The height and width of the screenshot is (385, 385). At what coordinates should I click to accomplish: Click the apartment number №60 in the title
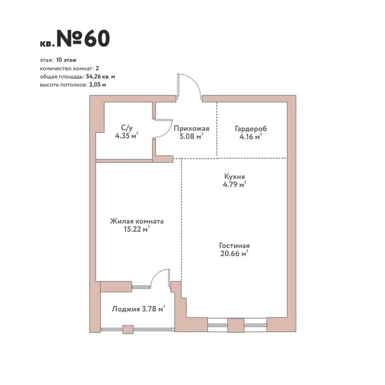(x=83, y=39)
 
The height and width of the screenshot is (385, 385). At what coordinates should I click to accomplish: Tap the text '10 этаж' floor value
(x=66, y=61)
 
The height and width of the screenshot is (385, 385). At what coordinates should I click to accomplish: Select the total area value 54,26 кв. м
(x=101, y=76)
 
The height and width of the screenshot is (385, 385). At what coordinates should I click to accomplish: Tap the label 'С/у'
(x=126, y=128)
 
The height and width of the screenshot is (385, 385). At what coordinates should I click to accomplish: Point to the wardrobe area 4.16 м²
(x=250, y=137)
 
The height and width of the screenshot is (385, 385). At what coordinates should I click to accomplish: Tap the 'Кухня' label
(x=235, y=176)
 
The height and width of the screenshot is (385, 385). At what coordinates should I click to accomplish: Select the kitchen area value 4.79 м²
(x=235, y=183)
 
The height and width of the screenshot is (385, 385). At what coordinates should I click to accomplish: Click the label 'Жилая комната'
(x=137, y=221)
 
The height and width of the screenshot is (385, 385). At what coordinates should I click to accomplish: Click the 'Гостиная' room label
(x=234, y=245)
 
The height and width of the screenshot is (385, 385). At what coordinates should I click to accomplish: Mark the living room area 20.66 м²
(x=234, y=253)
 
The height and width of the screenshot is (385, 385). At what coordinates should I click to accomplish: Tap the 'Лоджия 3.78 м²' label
(x=139, y=308)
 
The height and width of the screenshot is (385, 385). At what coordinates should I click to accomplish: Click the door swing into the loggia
(x=159, y=278)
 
